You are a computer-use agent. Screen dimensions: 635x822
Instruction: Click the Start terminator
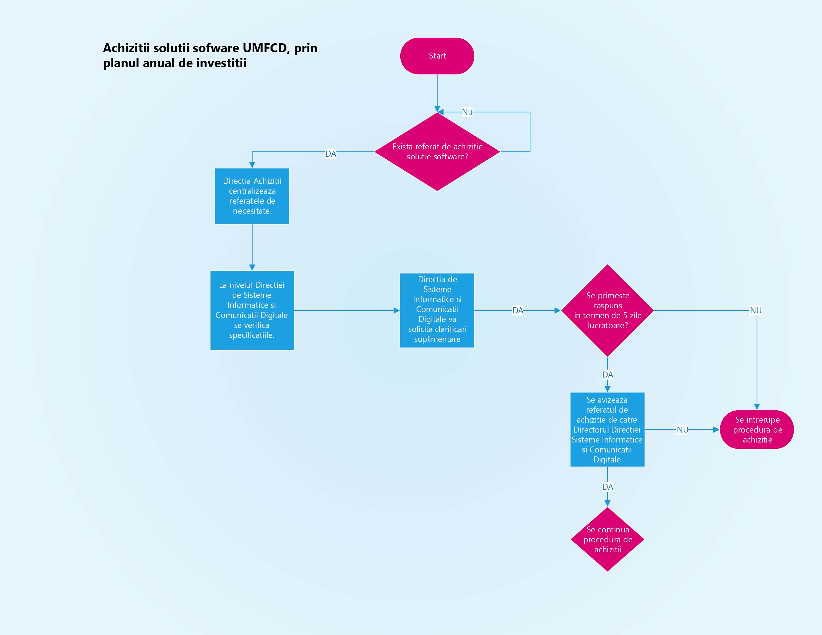(x=437, y=56)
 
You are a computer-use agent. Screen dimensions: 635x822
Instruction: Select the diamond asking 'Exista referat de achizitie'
(x=437, y=152)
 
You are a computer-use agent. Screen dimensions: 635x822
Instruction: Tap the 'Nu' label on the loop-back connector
(x=467, y=112)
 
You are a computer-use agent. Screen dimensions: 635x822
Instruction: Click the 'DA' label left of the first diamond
(x=331, y=153)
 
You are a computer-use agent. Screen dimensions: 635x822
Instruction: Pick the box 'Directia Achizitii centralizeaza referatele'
(x=252, y=196)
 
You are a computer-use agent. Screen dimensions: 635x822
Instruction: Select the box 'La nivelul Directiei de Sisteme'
(x=252, y=310)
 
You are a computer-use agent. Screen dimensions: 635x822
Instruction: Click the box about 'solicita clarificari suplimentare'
(x=437, y=310)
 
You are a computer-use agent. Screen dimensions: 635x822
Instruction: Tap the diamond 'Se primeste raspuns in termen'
(x=608, y=310)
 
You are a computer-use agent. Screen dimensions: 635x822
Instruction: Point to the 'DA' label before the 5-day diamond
(x=518, y=310)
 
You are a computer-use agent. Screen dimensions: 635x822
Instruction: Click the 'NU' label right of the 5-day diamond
(x=756, y=310)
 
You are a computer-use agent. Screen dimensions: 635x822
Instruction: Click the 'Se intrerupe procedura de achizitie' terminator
(x=757, y=430)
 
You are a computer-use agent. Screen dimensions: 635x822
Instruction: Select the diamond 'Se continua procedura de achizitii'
(x=608, y=539)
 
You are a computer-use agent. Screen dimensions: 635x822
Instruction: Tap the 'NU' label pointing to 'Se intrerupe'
(x=682, y=430)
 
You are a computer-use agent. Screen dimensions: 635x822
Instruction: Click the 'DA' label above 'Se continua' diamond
(x=608, y=487)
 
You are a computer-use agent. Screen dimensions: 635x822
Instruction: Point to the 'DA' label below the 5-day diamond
(x=608, y=375)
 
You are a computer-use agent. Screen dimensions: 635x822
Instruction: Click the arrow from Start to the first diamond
(x=437, y=92)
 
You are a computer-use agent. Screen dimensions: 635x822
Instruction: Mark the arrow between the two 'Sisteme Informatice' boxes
(x=346, y=310)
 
